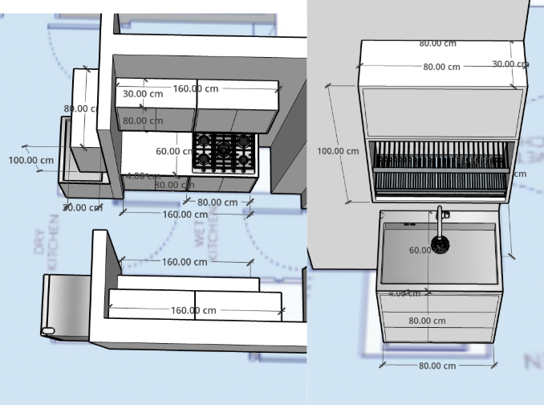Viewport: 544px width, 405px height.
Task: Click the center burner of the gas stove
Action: [x=223, y=150]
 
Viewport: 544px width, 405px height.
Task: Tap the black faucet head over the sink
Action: [x=440, y=243]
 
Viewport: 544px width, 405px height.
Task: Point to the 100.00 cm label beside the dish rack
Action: [x=338, y=151]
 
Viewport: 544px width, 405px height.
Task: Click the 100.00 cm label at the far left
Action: [x=31, y=160]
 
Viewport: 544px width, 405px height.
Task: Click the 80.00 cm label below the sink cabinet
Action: [x=438, y=366]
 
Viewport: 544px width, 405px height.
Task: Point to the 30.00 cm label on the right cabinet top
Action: [x=509, y=64]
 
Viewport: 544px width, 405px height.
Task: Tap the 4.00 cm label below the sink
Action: [x=404, y=293]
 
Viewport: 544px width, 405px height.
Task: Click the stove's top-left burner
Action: [x=204, y=141]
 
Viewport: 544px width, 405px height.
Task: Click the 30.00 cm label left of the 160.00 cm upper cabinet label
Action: [x=143, y=94]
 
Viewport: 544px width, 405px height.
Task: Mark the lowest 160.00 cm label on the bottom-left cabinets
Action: [x=193, y=310]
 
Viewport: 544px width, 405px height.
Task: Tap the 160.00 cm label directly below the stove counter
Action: [x=185, y=215]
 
